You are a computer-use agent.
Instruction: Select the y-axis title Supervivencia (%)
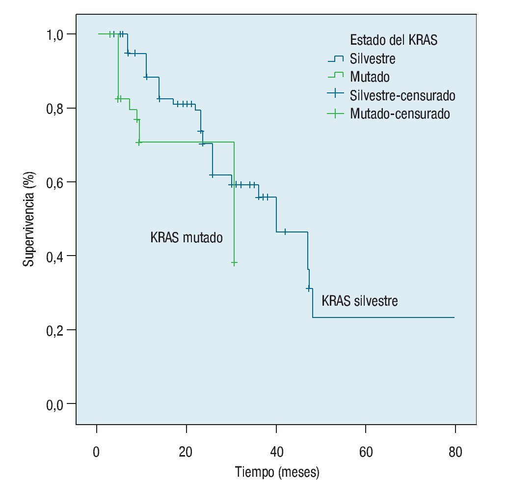[x=30, y=219]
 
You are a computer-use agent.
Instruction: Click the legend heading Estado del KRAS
[x=393, y=40]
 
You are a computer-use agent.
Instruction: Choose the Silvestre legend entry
[x=373, y=58]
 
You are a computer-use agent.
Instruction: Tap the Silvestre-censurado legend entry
[x=402, y=95]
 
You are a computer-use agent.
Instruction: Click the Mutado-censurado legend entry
[x=400, y=114]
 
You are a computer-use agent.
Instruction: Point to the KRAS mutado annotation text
[x=186, y=238]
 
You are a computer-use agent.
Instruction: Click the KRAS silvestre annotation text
[x=359, y=300]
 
